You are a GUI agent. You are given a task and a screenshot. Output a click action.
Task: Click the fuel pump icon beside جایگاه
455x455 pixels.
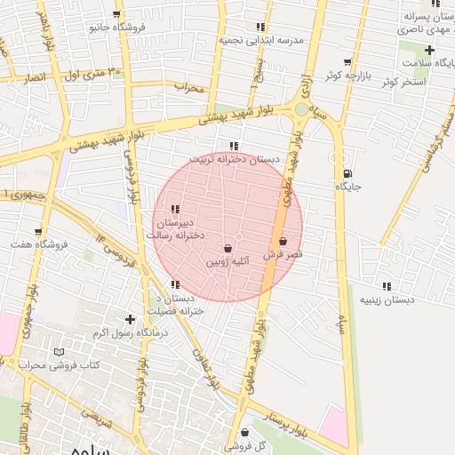(346, 173)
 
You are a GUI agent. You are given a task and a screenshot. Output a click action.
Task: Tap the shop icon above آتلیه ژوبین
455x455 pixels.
(228, 248)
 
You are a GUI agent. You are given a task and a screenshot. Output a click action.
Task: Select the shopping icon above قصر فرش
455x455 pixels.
(283, 241)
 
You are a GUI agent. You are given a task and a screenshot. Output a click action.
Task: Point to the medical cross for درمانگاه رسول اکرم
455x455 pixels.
(131, 319)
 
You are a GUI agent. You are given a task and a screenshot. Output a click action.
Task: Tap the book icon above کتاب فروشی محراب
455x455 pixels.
(60, 353)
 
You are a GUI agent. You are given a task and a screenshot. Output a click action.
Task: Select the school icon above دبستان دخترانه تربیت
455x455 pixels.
(234, 146)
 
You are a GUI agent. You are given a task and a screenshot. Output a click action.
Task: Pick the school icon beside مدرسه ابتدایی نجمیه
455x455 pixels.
(260, 28)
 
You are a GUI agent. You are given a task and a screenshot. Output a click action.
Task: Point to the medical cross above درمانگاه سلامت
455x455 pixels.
(429, 50)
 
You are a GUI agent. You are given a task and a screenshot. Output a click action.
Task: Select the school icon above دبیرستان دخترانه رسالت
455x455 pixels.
(175, 209)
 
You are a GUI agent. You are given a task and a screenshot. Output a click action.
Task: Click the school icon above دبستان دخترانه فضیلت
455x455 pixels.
(175, 284)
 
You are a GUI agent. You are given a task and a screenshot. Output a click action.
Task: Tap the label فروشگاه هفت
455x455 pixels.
(32, 244)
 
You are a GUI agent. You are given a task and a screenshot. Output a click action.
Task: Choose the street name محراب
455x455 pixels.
(189, 88)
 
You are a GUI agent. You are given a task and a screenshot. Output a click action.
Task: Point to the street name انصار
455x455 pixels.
(36, 78)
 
